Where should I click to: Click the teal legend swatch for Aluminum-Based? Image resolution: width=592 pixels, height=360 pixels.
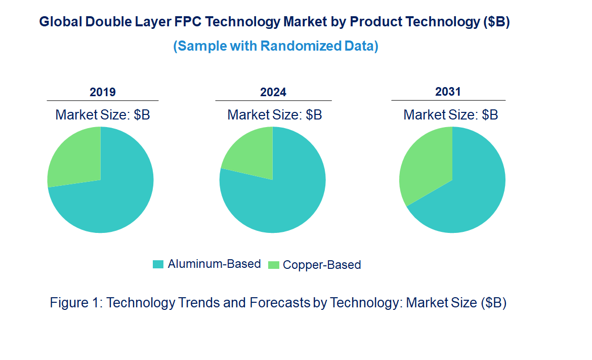(x=158, y=264)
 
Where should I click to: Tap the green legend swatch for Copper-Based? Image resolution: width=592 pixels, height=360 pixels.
(x=273, y=265)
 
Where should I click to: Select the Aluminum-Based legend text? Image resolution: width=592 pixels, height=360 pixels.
(x=214, y=264)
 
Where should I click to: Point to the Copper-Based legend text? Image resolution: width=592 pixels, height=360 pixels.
(x=322, y=265)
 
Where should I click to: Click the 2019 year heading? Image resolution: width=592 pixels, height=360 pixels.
(x=103, y=92)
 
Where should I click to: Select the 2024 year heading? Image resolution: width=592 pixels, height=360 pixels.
(x=273, y=92)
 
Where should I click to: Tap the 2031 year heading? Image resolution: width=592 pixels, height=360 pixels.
(x=448, y=92)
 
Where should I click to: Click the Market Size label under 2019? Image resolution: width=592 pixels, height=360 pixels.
(x=103, y=115)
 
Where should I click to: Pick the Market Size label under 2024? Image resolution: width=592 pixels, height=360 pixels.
(x=275, y=115)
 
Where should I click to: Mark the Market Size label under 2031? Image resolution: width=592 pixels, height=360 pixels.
(x=450, y=115)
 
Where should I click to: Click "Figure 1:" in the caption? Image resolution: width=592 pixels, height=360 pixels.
(x=76, y=303)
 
